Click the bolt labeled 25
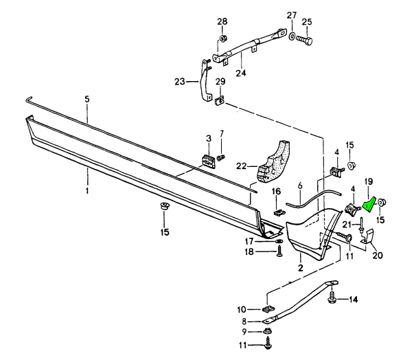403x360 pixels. pyautogui.click(x=307, y=41)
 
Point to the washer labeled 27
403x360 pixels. pyautogui.click(x=292, y=36)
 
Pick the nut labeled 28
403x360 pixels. pyautogui.click(x=223, y=38)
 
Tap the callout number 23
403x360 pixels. pyautogui.click(x=181, y=81)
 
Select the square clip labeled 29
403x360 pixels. pyautogui.click(x=220, y=101)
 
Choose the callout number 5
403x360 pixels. pyautogui.click(x=87, y=99)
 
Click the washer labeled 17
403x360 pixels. pyautogui.click(x=279, y=241)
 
